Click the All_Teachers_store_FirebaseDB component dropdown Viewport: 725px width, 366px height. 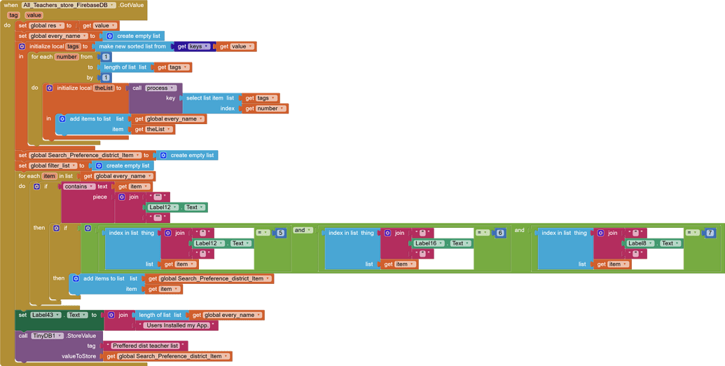coord(69,5)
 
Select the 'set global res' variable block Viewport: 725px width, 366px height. coord(23,25)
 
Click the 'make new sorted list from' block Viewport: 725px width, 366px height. coord(132,46)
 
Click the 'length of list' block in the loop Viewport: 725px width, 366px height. coord(125,67)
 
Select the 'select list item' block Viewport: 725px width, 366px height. coord(209,98)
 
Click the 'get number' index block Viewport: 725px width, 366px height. coord(263,109)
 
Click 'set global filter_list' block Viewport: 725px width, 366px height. coord(23,165)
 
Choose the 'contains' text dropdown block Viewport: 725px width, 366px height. coord(78,187)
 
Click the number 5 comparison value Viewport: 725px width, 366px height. coord(281,233)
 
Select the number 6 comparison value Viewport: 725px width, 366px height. coord(500,233)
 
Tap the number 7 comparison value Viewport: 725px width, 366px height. coord(710,233)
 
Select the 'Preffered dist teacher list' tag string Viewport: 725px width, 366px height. coord(145,346)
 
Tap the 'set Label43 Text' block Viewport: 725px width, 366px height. coord(23,316)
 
